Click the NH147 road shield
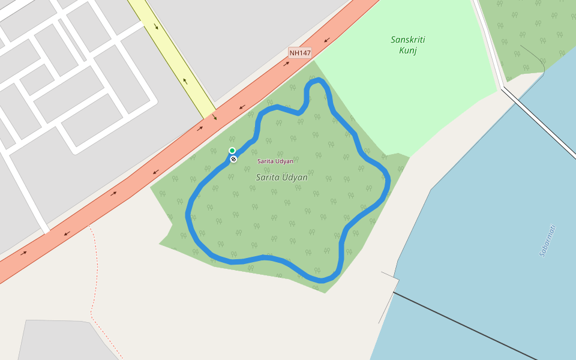click(x=300, y=53)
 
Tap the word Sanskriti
click(x=407, y=40)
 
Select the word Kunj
click(x=407, y=50)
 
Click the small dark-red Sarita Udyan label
click(x=275, y=161)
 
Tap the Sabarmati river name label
click(x=548, y=241)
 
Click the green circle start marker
click(x=232, y=151)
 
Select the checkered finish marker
click(x=233, y=159)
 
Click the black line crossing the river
click(x=468, y=327)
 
